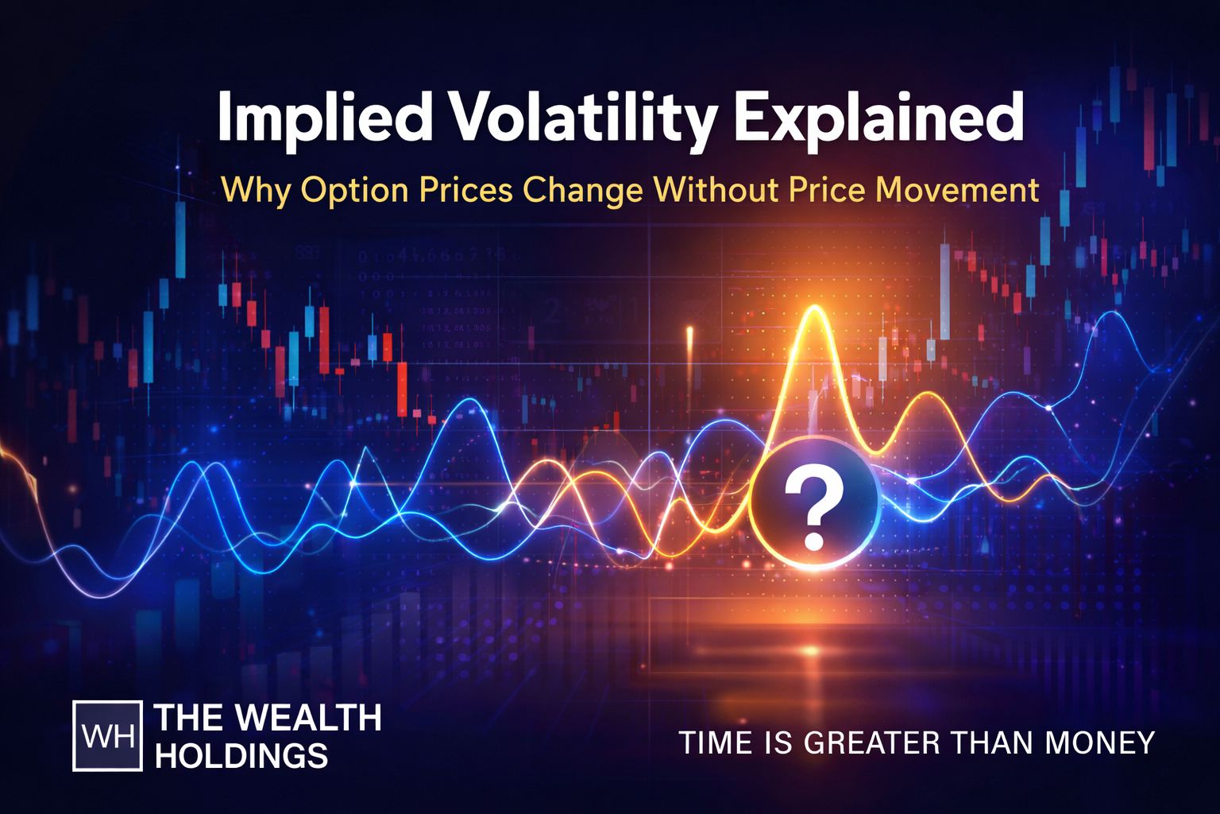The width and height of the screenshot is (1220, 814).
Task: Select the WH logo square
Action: coord(107,736)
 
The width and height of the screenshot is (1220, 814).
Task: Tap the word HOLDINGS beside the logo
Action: coord(241,755)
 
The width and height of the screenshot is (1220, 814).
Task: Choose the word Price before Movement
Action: coord(826,191)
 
